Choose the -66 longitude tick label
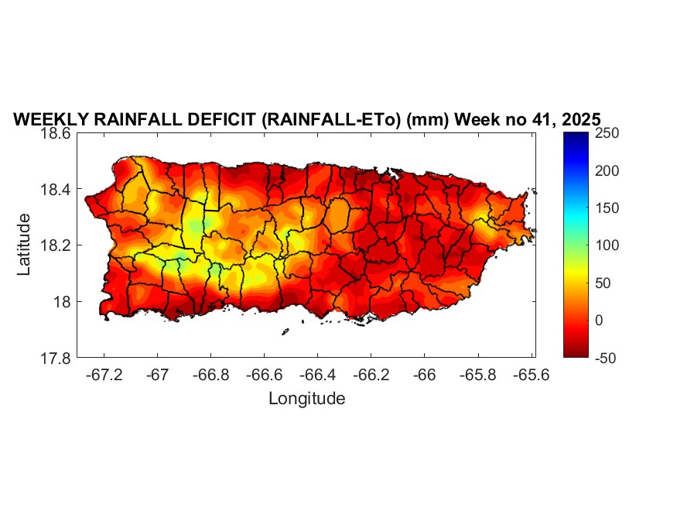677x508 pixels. pos(425,374)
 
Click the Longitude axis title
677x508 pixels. pos(306,399)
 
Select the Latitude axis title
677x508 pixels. pos(25,245)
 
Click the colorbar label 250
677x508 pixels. pos(608,133)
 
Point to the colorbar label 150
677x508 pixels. pos(608,208)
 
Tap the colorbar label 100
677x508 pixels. pos(608,245)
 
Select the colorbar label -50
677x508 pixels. pos(608,357)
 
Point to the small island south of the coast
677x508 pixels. pos(285,331)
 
